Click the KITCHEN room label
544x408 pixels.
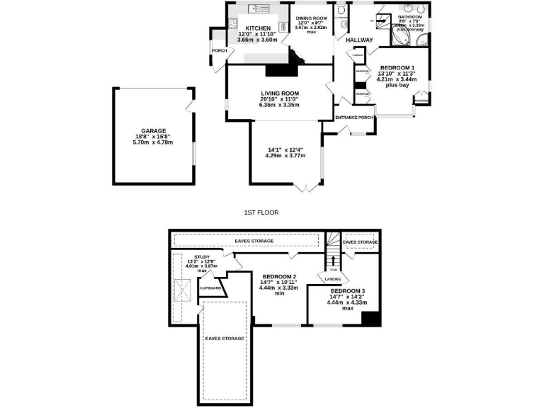[239, 28]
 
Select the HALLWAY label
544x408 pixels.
[358, 40]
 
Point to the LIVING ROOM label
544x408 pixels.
[279, 93]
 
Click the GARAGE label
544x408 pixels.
[152, 131]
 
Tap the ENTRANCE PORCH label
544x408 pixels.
[354, 118]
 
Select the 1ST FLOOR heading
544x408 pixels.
[261, 212]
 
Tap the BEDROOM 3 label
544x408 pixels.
[347, 291]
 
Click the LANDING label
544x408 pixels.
[333, 278]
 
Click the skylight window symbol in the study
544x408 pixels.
[185, 290]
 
